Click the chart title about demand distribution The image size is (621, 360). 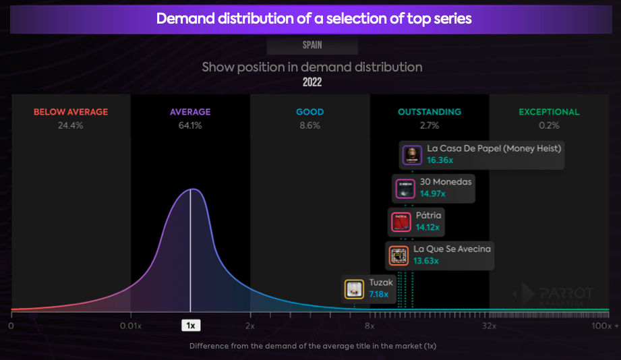point(314,19)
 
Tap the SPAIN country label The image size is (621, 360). point(312,45)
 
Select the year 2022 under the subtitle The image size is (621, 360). point(312,82)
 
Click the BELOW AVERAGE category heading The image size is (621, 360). point(71,112)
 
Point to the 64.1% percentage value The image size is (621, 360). point(190,125)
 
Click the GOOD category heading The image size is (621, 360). point(309,112)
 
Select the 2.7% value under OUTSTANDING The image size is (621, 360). point(430,125)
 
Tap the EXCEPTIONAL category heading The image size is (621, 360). point(549,112)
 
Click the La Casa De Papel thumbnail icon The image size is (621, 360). point(412,155)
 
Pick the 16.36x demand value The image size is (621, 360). point(440,160)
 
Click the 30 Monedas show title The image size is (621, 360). point(446,182)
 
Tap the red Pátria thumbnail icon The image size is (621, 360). point(401,222)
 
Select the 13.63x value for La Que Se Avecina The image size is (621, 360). point(425,261)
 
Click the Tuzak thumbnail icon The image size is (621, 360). point(354,289)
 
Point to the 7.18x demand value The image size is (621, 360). point(379,294)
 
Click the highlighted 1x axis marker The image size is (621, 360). point(191,326)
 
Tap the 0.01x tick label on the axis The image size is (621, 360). point(131,326)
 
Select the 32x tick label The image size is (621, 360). point(489,326)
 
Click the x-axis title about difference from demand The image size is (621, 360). point(313,346)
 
